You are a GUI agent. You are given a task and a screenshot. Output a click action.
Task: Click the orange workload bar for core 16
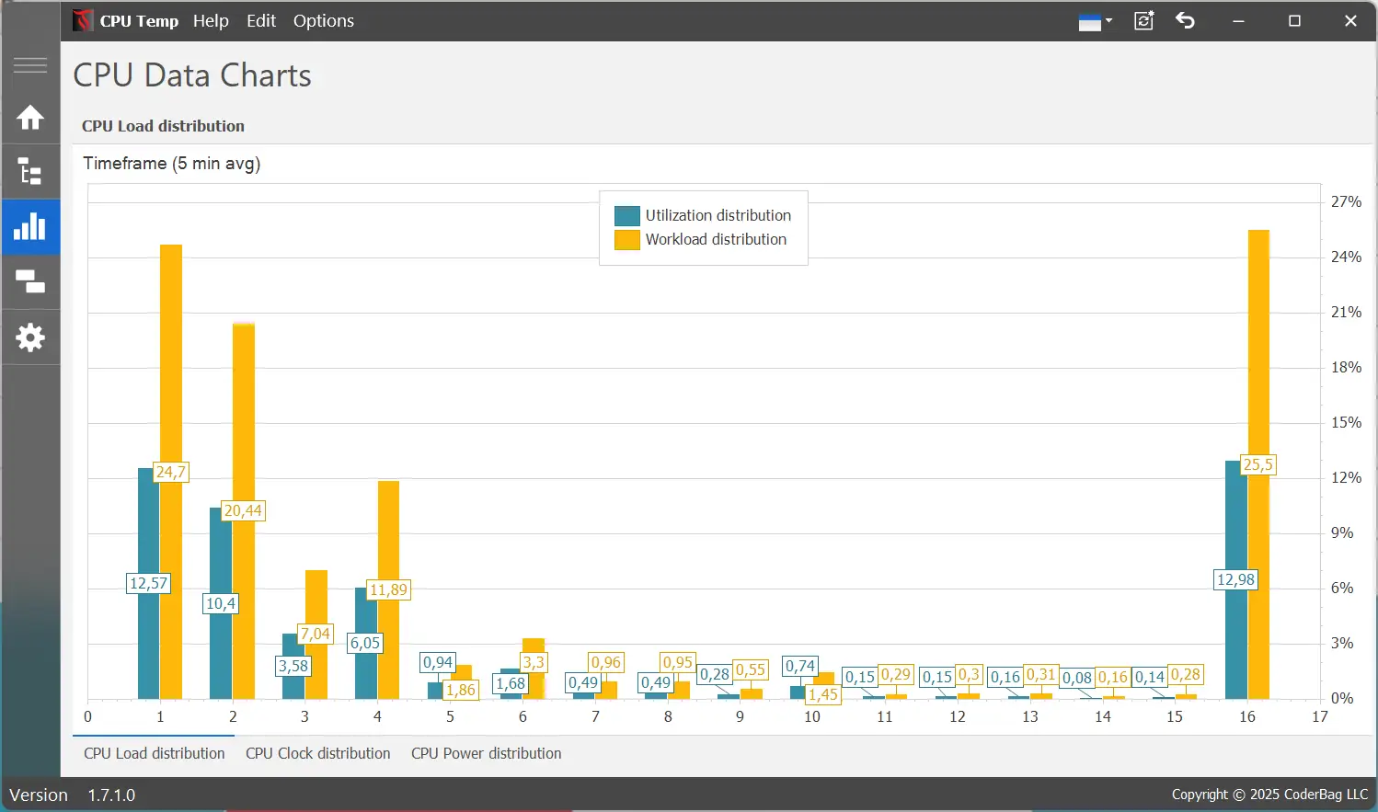click(x=1258, y=368)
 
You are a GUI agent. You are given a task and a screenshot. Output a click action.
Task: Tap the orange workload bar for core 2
click(x=244, y=414)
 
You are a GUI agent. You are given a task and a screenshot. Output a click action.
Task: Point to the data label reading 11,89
click(x=388, y=589)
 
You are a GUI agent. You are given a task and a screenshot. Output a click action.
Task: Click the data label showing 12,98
click(x=1235, y=579)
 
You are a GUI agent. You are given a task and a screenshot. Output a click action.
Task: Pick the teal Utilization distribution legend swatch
click(x=627, y=215)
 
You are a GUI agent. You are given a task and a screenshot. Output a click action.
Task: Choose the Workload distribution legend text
click(x=716, y=239)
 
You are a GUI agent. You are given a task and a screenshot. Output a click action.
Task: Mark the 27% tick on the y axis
click(x=1346, y=201)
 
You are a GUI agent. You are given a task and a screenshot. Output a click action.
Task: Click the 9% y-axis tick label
click(x=1342, y=532)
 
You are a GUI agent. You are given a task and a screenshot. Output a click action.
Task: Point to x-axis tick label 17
click(x=1320, y=716)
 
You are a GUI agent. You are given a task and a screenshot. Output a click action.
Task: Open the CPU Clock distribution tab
click(x=317, y=753)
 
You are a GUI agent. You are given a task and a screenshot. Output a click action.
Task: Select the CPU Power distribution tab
click(x=486, y=753)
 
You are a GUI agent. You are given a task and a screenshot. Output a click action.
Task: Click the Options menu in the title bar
click(x=323, y=20)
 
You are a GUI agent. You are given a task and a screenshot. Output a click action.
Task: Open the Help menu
click(x=211, y=20)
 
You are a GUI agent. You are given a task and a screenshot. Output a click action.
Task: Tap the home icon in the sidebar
click(x=30, y=118)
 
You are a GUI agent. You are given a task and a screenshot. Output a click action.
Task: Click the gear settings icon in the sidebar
click(x=30, y=337)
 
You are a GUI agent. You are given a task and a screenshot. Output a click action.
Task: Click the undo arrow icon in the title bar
click(x=1185, y=20)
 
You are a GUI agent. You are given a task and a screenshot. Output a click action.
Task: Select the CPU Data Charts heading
click(x=192, y=75)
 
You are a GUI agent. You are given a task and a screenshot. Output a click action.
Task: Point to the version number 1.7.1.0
click(x=111, y=795)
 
